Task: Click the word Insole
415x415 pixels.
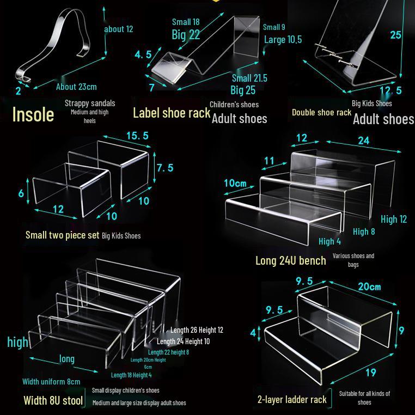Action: point(33,114)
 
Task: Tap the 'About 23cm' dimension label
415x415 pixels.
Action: point(76,87)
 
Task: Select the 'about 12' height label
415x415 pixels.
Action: point(118,29)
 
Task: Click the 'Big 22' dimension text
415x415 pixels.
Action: point(186,35)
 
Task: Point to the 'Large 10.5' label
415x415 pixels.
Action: point(283,39)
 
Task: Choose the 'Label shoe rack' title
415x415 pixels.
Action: point(172,113)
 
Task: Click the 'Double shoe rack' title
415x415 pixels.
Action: point(321,113)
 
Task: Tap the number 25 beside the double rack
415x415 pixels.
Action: point(395,35)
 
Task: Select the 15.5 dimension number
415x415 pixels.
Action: point(137,136)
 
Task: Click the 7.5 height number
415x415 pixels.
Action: point(165,168)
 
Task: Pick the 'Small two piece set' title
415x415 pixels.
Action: point(62,235)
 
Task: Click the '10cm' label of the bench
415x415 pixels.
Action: point(235,183)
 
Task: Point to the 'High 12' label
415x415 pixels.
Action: point(394,219)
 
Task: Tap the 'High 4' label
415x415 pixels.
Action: point(329,241)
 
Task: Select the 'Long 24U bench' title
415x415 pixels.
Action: point(291,261)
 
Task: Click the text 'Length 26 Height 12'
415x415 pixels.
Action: point(197,330)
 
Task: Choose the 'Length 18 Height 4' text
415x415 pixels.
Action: point(131,375)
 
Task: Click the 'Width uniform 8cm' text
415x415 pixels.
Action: point(51,382)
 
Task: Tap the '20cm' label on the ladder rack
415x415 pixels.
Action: point(369,286)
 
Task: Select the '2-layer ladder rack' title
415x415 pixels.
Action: point(292,400)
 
